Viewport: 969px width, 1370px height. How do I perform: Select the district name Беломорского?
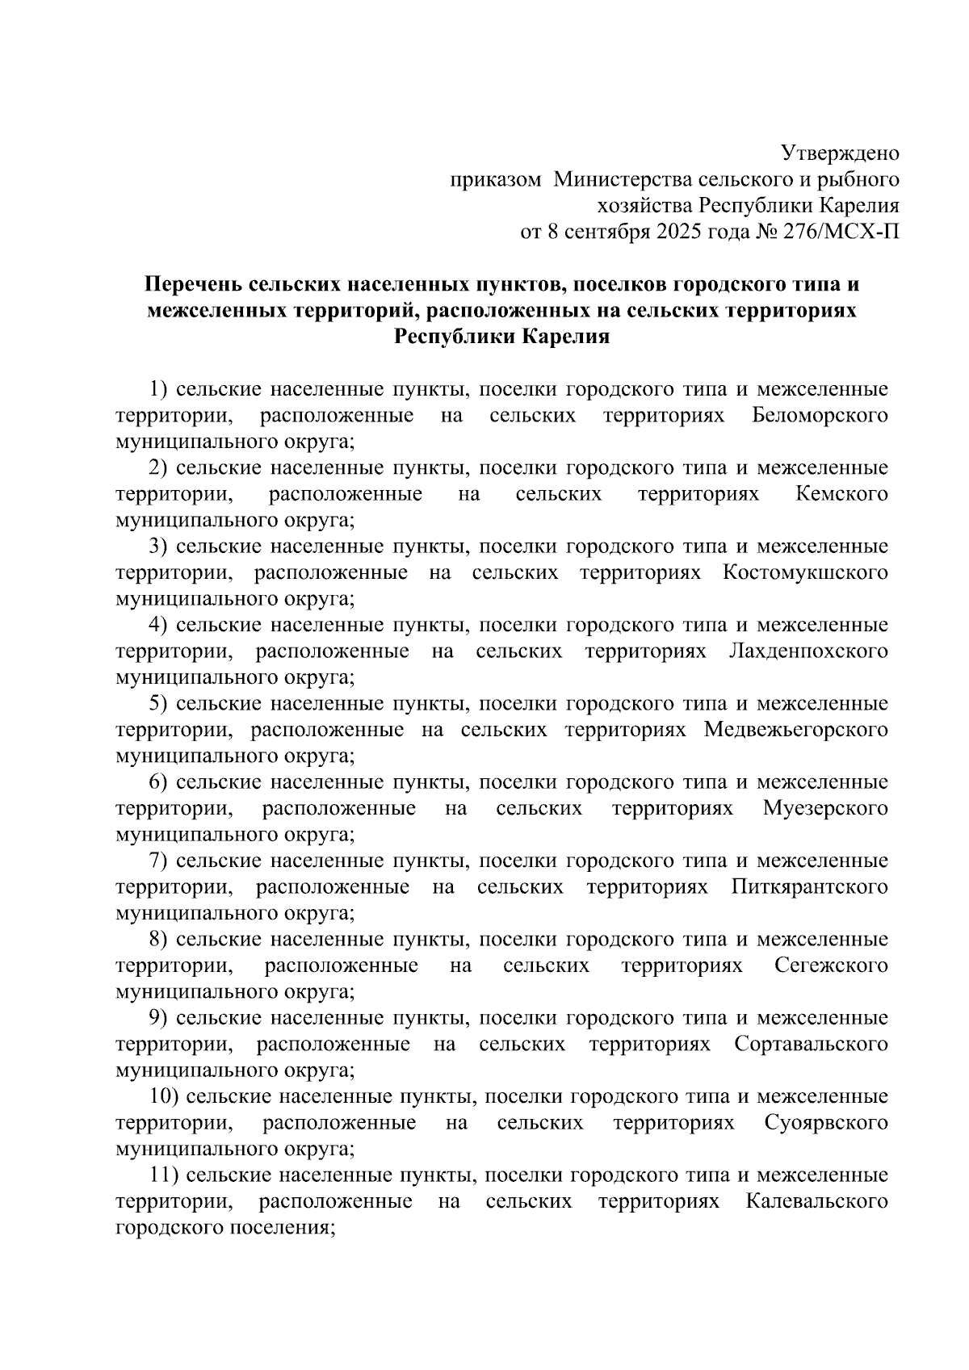(x=820, y=416)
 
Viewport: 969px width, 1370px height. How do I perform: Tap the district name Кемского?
(x=841, y=494)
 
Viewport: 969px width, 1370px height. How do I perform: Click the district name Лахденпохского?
(x=808, y=651)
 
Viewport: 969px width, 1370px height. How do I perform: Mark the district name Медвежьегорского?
(x=795, y=730)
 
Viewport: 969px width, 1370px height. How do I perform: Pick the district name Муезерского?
(x=825, y=808)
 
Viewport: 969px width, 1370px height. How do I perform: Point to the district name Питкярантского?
(x=810, y=887)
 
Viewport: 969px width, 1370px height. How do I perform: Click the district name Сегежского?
(x=831, y=966)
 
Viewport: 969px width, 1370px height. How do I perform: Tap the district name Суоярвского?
(x=826, y=1123)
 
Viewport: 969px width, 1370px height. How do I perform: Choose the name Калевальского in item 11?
(x=817, y=1201)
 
